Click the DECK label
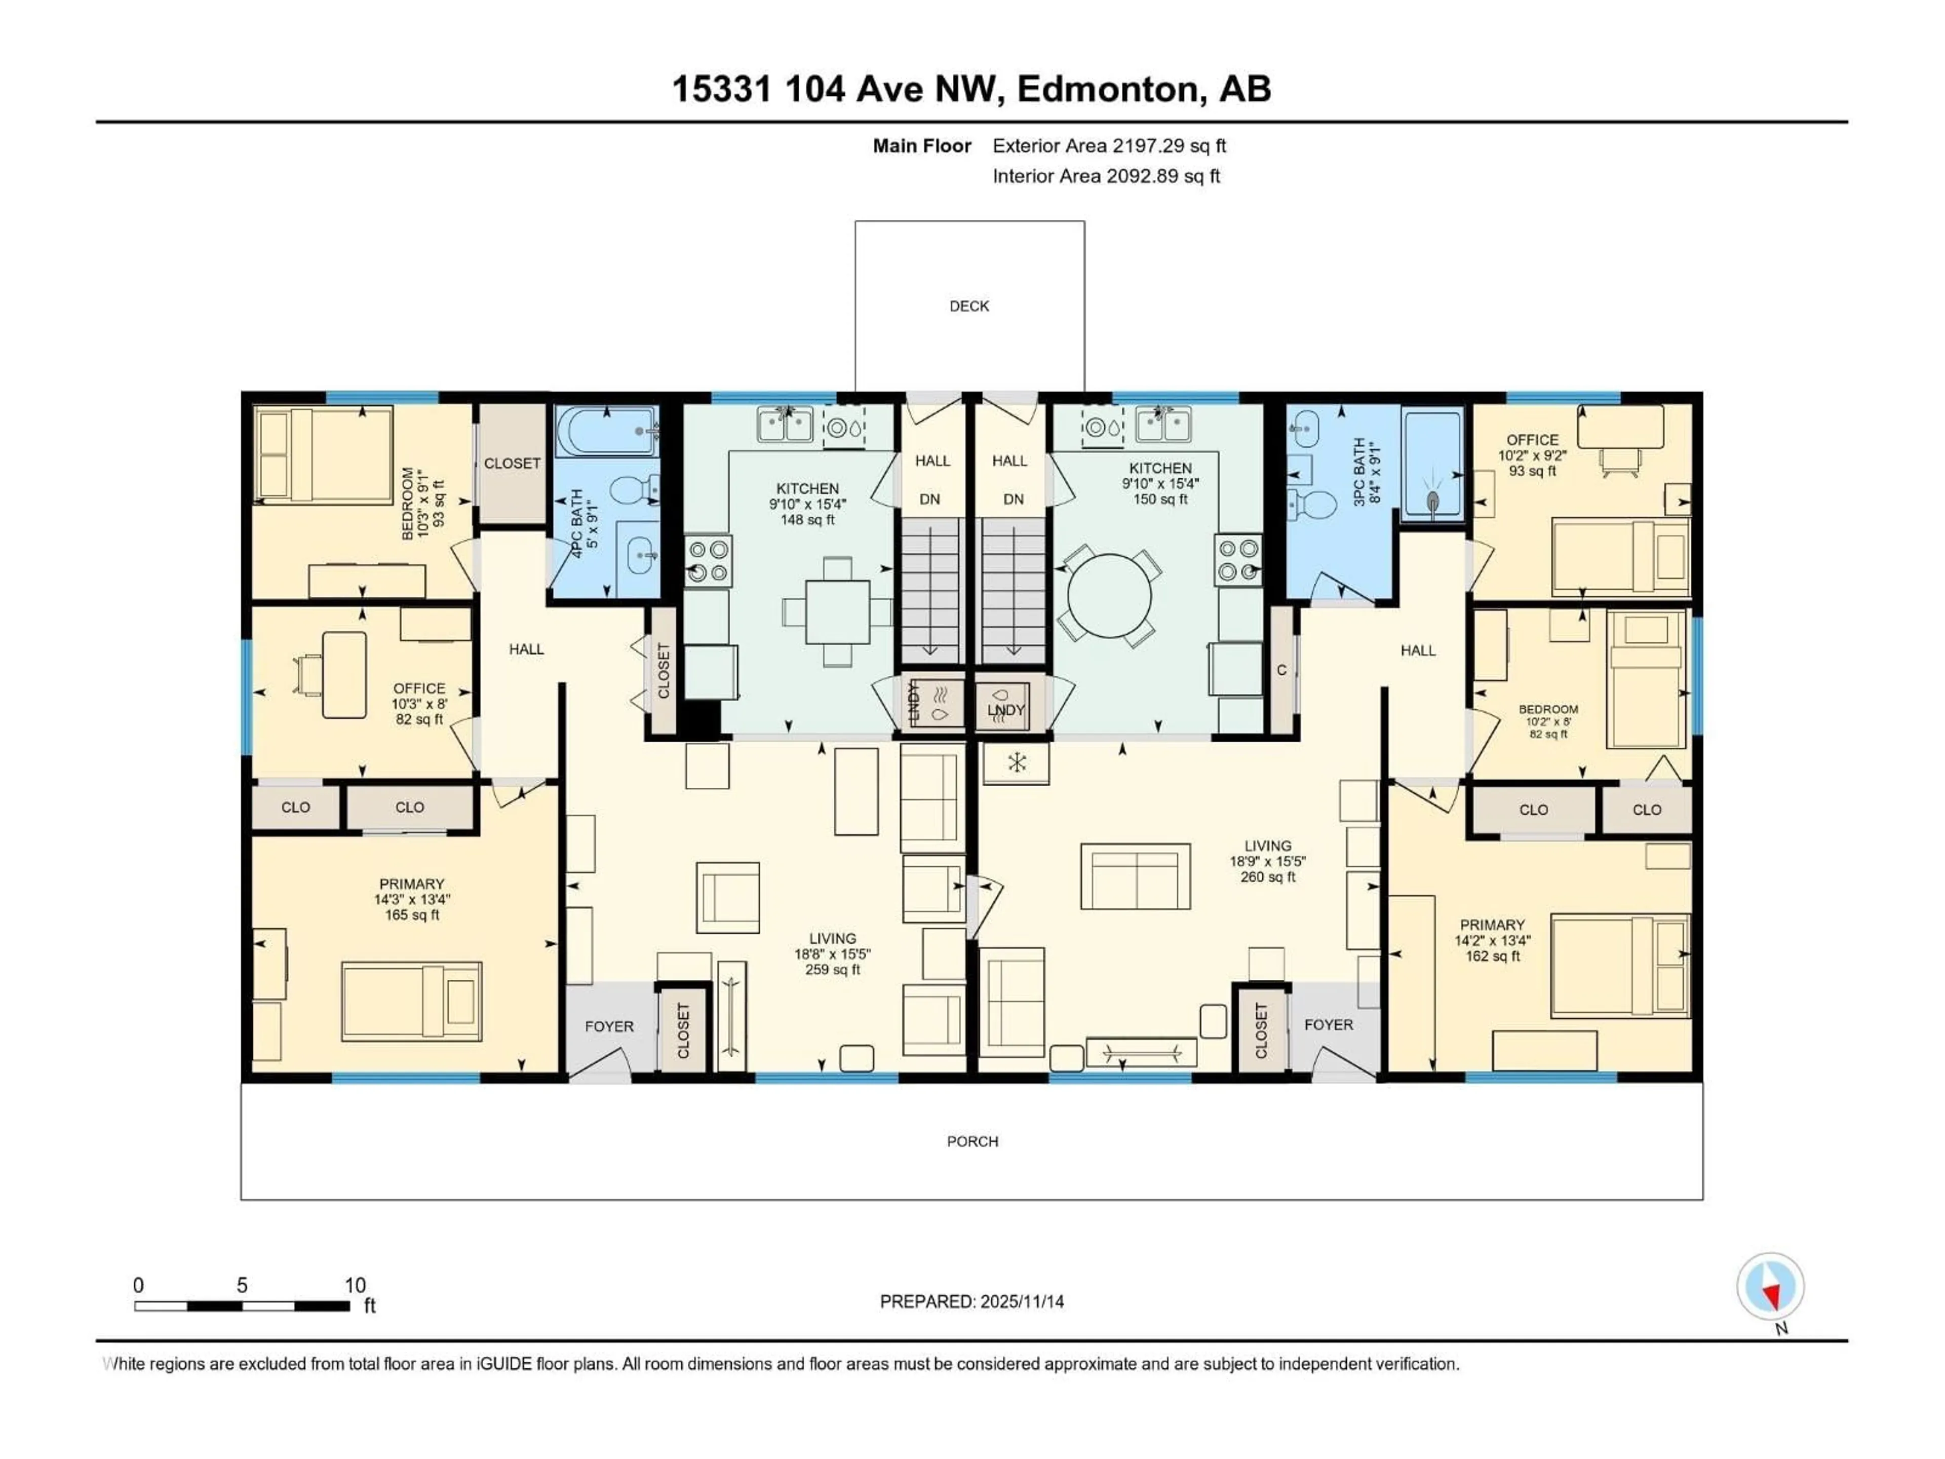coord(969,306)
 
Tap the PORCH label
coord(972,1141)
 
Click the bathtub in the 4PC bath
coord(606,431)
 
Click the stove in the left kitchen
coord(708,561)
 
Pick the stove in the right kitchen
coord(1239,561)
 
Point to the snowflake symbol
coord(1017,762)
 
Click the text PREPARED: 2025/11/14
coord(971,1301)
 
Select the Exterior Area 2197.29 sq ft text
coord(1109,146)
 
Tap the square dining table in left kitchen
coord(837,611)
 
